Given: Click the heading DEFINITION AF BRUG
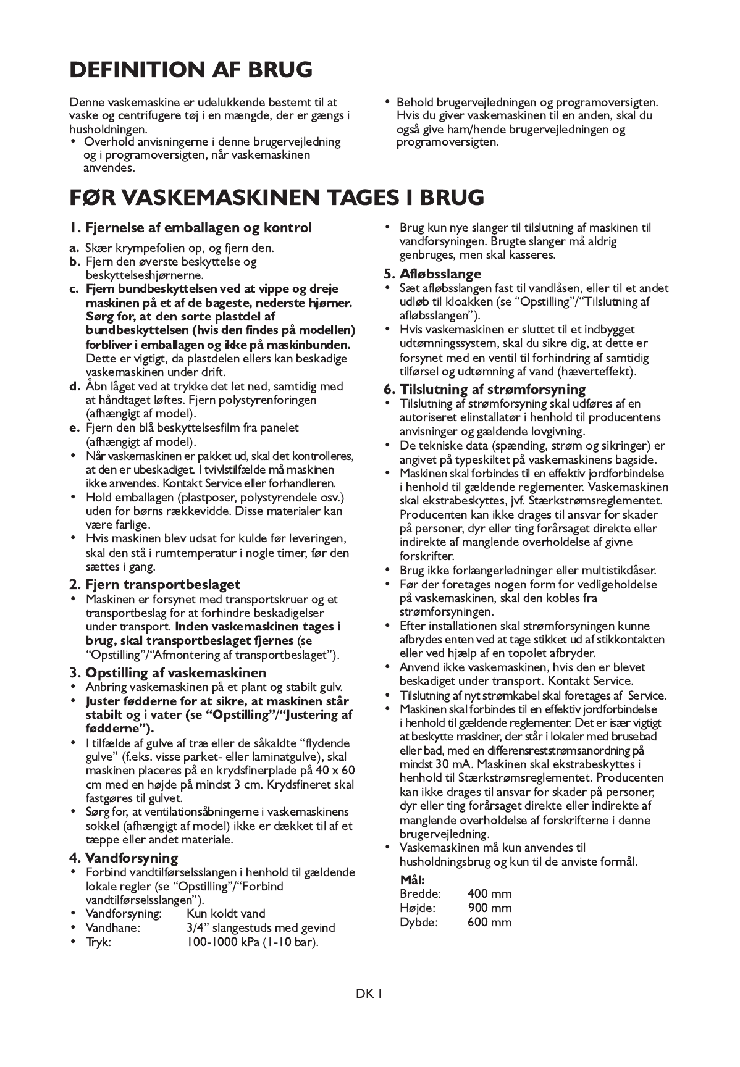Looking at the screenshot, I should (x=191, y=70).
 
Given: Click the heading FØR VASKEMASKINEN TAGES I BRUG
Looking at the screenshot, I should (x=276, y=197).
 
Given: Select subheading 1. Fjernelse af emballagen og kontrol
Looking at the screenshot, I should (x=190, y=228).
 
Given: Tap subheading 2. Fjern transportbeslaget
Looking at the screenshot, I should (x=154, y=584).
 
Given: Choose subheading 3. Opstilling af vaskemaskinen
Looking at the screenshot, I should (x=167, y=672).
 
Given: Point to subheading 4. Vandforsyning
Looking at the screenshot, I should (x=124, y=858).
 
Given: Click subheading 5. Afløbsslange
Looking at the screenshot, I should (x=432, y=274).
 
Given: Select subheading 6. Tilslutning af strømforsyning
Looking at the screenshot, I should (x=485, y=389).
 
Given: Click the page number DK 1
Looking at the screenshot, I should (x=370, y=994).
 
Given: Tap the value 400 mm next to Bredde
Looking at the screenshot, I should (x=490, y=893).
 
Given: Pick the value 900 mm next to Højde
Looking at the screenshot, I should (x=490, y=908).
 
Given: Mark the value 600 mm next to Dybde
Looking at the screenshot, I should (x=490, y=922).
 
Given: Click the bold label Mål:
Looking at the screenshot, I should (x=413, y=880).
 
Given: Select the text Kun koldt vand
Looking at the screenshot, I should (x=226, y=913).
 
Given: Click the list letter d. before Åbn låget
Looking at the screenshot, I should (x=75, y=387).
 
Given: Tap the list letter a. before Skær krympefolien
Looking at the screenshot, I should (x=74, y=248).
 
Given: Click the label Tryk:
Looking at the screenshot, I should (x=98, y=942).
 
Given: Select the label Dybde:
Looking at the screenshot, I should (x=419, y=922).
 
